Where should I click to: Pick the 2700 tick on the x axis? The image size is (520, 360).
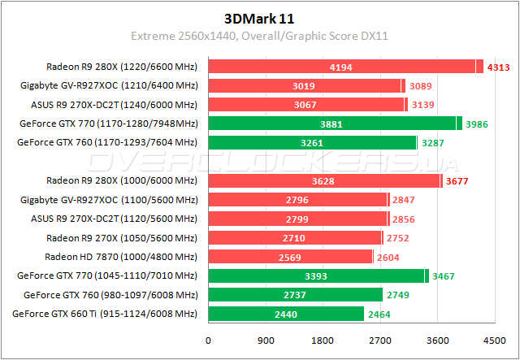point(380,340)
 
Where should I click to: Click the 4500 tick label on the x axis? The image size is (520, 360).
point(494,340)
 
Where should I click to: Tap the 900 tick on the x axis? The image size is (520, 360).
point(266,340)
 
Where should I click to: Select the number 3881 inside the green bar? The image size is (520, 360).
point(332,124)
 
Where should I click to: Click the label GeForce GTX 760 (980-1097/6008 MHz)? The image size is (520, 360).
point(111,295)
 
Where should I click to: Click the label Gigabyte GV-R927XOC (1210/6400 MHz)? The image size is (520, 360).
point(110,85)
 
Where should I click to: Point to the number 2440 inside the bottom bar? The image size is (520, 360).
point(286,314)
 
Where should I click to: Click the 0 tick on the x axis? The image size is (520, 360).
point(209,340)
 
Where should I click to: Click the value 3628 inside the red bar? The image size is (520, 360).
point(324,180)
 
